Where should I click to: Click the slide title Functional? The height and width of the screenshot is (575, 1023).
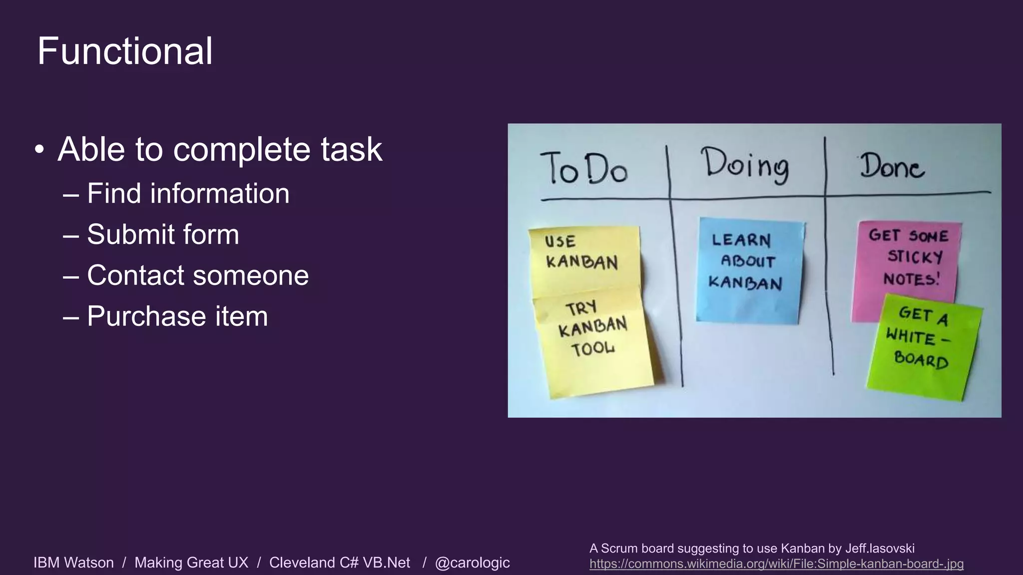pos(125,51)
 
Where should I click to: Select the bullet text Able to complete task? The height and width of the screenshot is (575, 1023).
pos(220,149)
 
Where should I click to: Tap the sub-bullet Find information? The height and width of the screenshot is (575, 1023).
pos(188,193)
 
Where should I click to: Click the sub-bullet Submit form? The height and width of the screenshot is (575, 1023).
pos(163,234)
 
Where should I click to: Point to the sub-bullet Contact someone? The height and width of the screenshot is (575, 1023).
pos(198,275)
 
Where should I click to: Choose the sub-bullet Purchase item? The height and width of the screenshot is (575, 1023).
pos(177,316)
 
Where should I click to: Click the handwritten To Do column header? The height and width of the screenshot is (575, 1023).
pos(583,169)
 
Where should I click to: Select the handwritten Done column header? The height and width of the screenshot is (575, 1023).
pos(892,167)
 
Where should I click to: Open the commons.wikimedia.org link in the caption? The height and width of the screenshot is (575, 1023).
pos(776,564)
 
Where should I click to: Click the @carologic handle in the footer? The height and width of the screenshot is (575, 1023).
pos(472,563)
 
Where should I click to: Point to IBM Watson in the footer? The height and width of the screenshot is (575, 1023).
pos(73,563)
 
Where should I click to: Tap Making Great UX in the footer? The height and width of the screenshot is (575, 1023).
pos(191,563)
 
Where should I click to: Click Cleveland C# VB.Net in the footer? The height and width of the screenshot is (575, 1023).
pos(340,563)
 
